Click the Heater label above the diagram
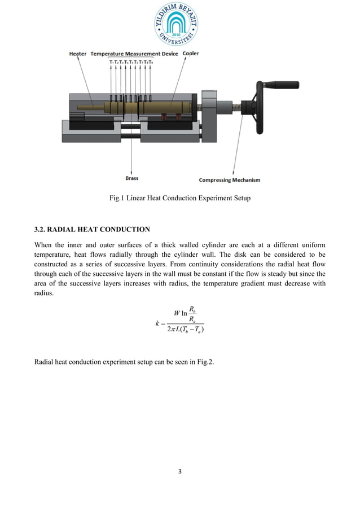tap(78, 54)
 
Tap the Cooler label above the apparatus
tap(190, 54)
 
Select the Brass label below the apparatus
tap(131, 178)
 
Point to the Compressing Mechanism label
tap(230, 180)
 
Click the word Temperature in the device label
tap(109, 54)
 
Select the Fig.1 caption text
tap(179, 198)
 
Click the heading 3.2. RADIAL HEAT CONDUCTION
tap(93, 229)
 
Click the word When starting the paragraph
tap(45, 245)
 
